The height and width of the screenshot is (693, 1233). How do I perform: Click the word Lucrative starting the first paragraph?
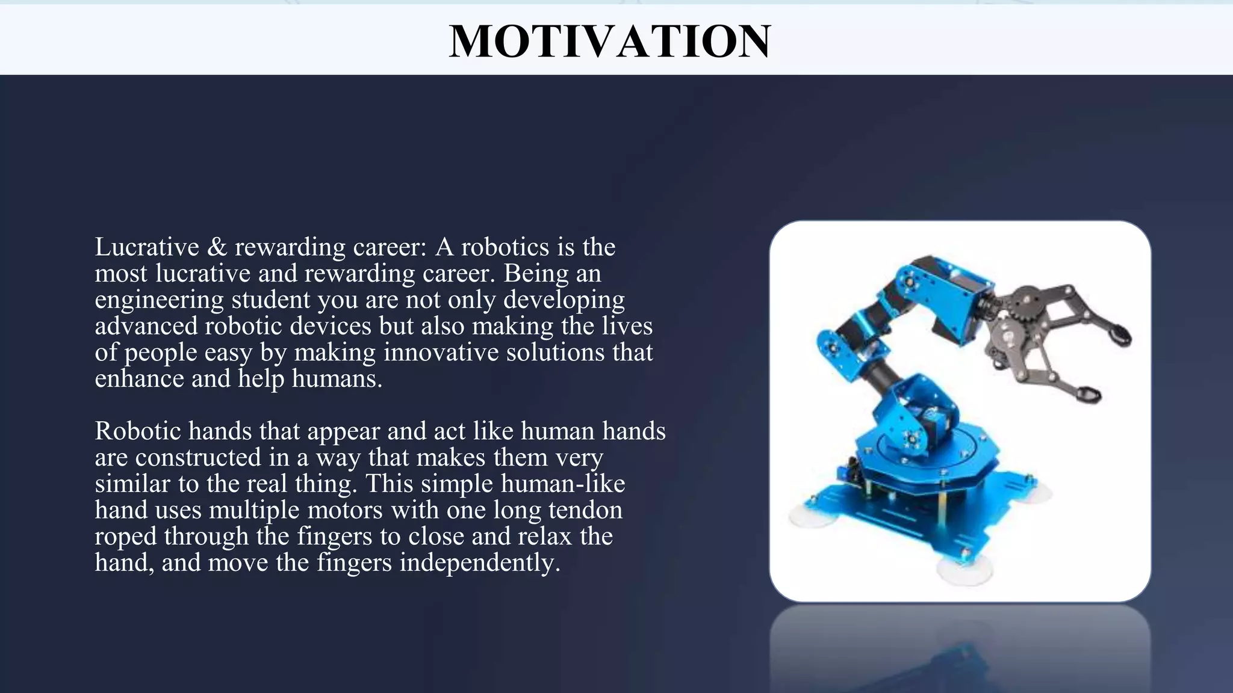[x=147, y=247]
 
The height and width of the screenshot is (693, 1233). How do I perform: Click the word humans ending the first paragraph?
[x=337, y=379]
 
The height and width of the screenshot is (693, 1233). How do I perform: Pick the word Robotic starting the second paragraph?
[x=138, y=431]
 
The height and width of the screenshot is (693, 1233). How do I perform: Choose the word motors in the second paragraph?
[x=345, y=510]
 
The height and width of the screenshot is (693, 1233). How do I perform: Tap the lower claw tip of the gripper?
[x=1089, y=395]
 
